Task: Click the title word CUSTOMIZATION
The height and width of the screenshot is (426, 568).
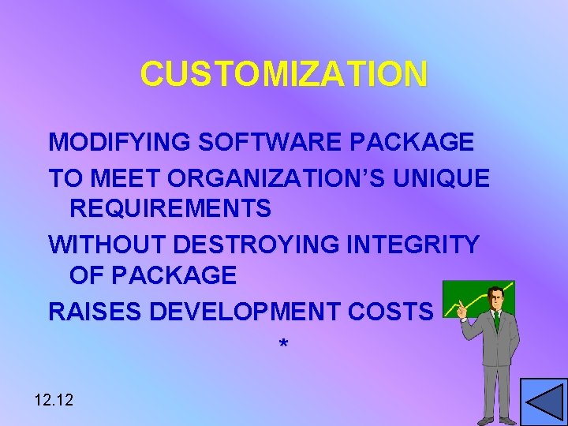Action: (x=284, y=74)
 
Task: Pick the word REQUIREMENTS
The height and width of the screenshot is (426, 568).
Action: (x=170, y=209)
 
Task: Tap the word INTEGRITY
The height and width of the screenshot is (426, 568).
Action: (x=413, y=245)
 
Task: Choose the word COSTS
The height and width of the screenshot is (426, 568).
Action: (x=398, y=312)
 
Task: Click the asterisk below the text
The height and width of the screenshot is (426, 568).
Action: (x=284, y=346)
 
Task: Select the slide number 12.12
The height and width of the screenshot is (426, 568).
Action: (x=54, y=400)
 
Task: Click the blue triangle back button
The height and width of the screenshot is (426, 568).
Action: (x=544, y=402)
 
